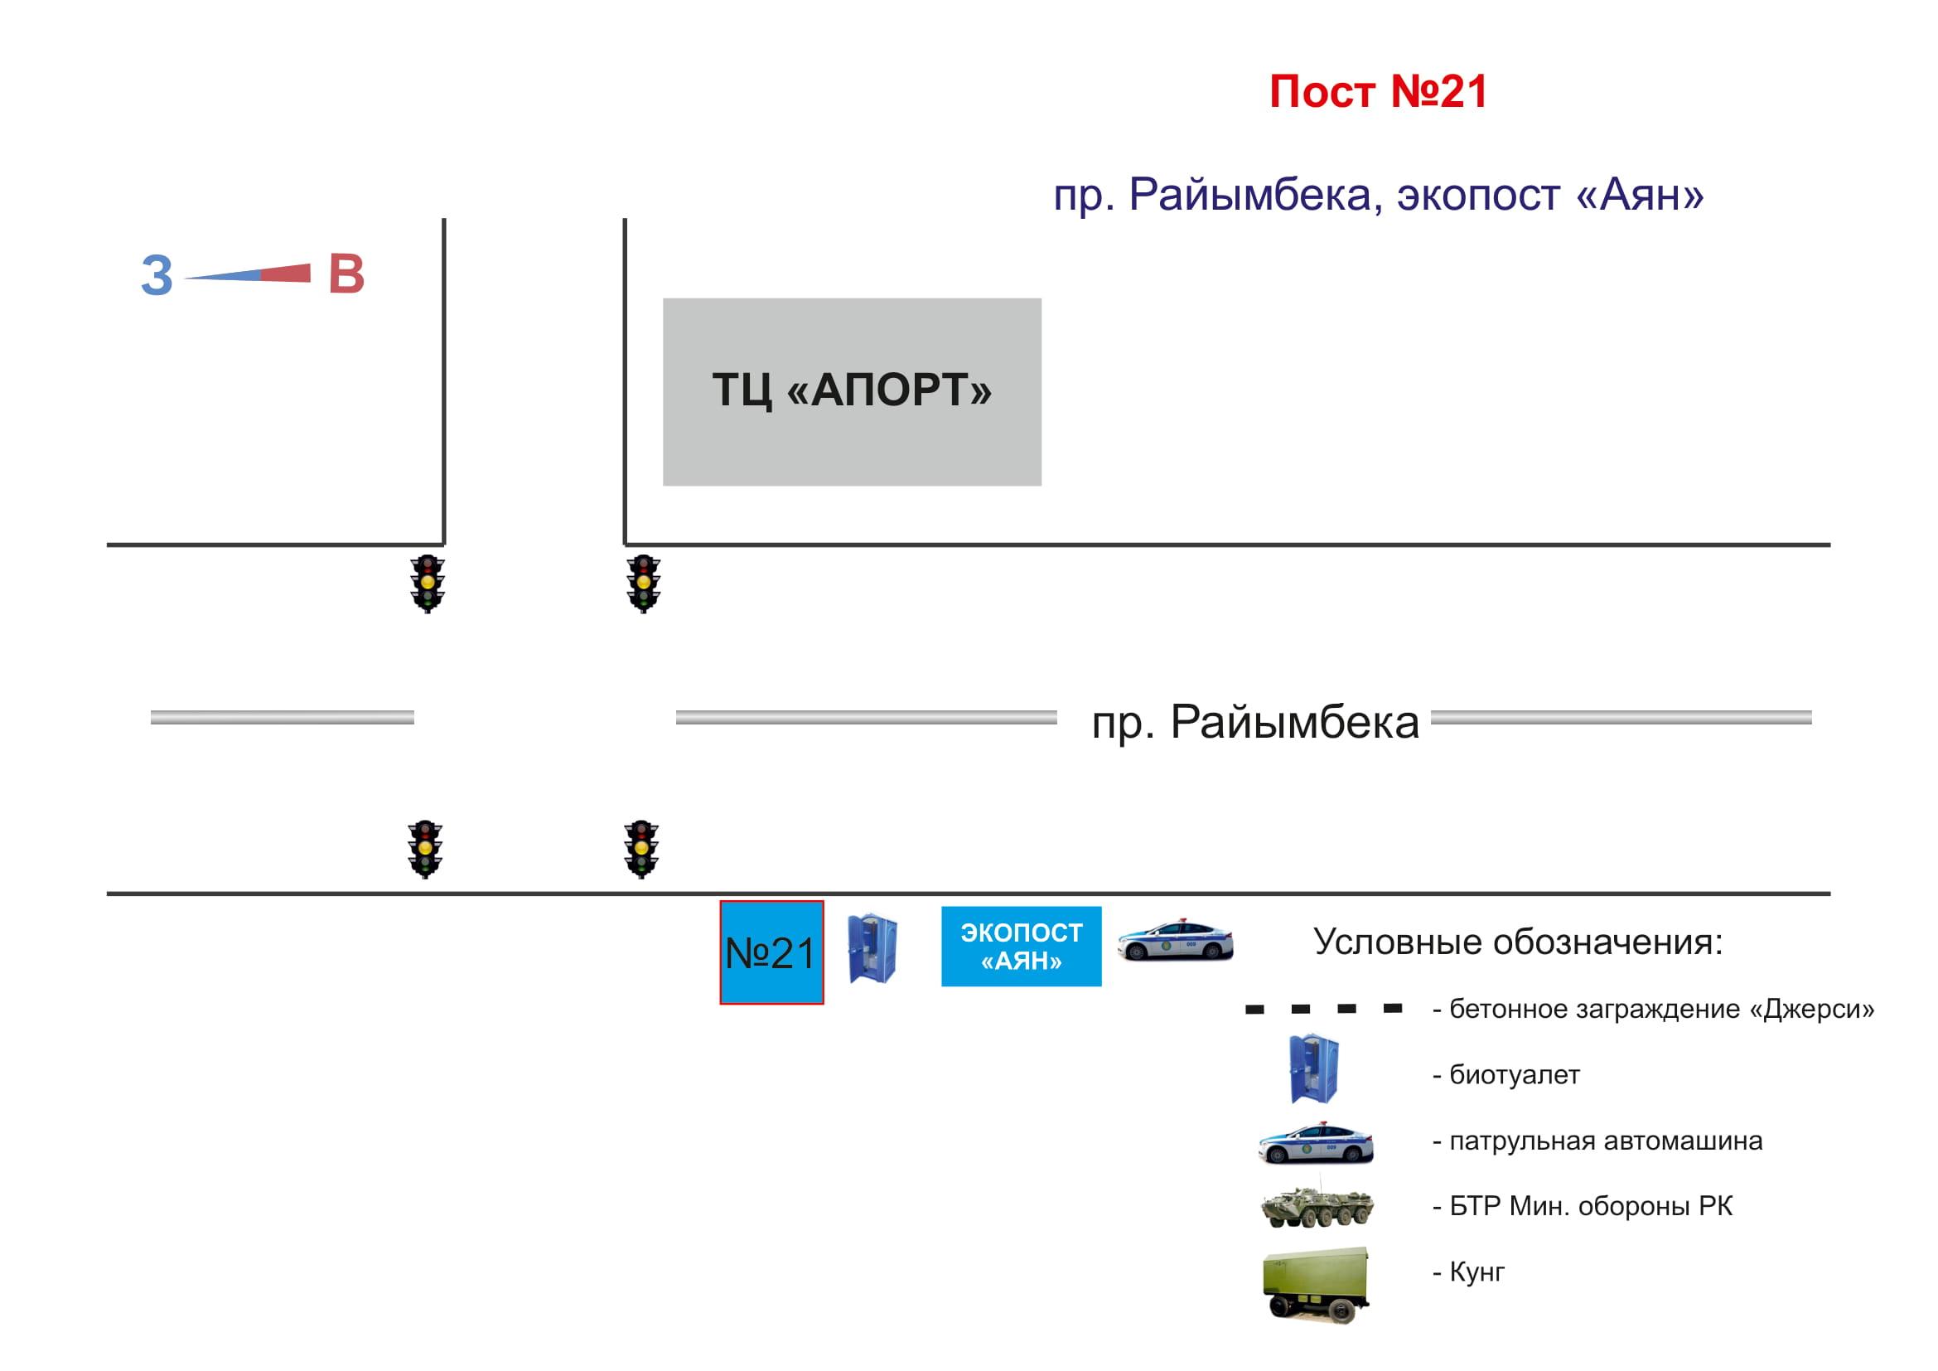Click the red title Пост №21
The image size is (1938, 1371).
(1378, 92)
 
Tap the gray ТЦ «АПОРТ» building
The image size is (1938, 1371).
(851, 392)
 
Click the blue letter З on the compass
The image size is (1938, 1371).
(157, 275)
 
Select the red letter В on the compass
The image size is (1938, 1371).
(346, 274)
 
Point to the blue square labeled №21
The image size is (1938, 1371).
(771, 952)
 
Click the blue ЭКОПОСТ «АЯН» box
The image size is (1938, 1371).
(1021, 947)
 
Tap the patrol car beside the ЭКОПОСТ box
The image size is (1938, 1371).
(1175, 940)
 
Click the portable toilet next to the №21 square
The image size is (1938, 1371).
(872, 948)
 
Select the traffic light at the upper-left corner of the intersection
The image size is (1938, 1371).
(427, 584)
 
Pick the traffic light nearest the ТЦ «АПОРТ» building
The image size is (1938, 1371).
(643, 584)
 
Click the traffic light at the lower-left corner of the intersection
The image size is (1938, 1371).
(424, 850)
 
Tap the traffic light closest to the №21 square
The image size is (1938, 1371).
(640, 850)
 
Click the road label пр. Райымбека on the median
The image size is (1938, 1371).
(1254, 723)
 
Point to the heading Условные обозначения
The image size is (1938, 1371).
(1518, 942)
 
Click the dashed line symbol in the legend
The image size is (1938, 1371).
(1323, 1009)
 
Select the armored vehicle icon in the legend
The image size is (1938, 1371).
(1317, 1207)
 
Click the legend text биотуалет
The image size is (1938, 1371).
(1515, 1075)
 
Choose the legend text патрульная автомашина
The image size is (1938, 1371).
(1606, 1141)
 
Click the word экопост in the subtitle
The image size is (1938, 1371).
(1478, 196)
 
